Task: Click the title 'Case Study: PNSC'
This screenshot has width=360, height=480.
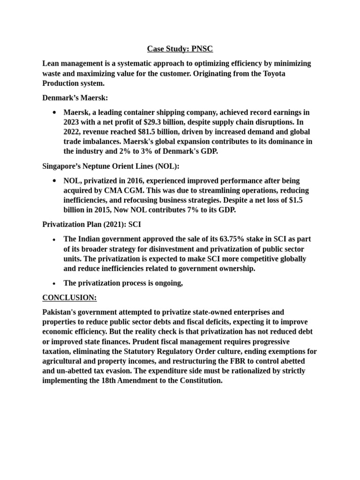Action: click(180, 49)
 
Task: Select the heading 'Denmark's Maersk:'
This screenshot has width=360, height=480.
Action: click(75, 97)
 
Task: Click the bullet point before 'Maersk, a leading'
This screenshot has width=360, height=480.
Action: click(55, 112)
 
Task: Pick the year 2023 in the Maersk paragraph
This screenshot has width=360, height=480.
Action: click(73, 122)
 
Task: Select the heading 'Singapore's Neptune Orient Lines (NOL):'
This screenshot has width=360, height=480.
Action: click(111, 166)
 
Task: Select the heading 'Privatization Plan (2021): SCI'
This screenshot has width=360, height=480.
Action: click(92, 225)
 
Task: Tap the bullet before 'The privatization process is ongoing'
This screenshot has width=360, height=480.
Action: click(55, 283)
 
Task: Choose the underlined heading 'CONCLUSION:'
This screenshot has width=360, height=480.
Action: click(69, 297)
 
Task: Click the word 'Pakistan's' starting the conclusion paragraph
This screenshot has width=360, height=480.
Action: click(61, 312)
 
